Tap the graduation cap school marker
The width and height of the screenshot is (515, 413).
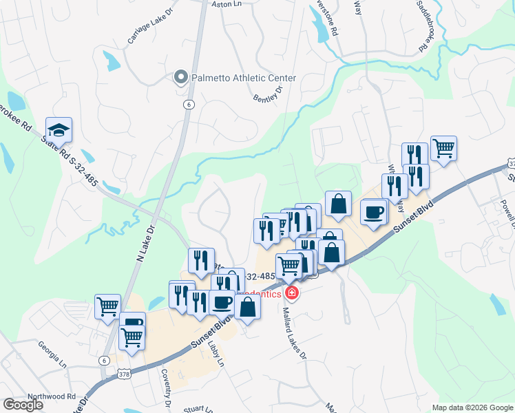[59, 130]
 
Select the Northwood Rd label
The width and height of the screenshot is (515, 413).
[52, 396]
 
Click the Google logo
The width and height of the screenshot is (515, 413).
[23, 405]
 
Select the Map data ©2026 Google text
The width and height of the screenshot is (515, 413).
[472, 407]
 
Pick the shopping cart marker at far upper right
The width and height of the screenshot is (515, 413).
[444, 148]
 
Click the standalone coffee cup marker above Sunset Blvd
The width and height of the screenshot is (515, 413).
[374, 212]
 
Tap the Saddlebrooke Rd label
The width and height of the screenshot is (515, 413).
[425, 27]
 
